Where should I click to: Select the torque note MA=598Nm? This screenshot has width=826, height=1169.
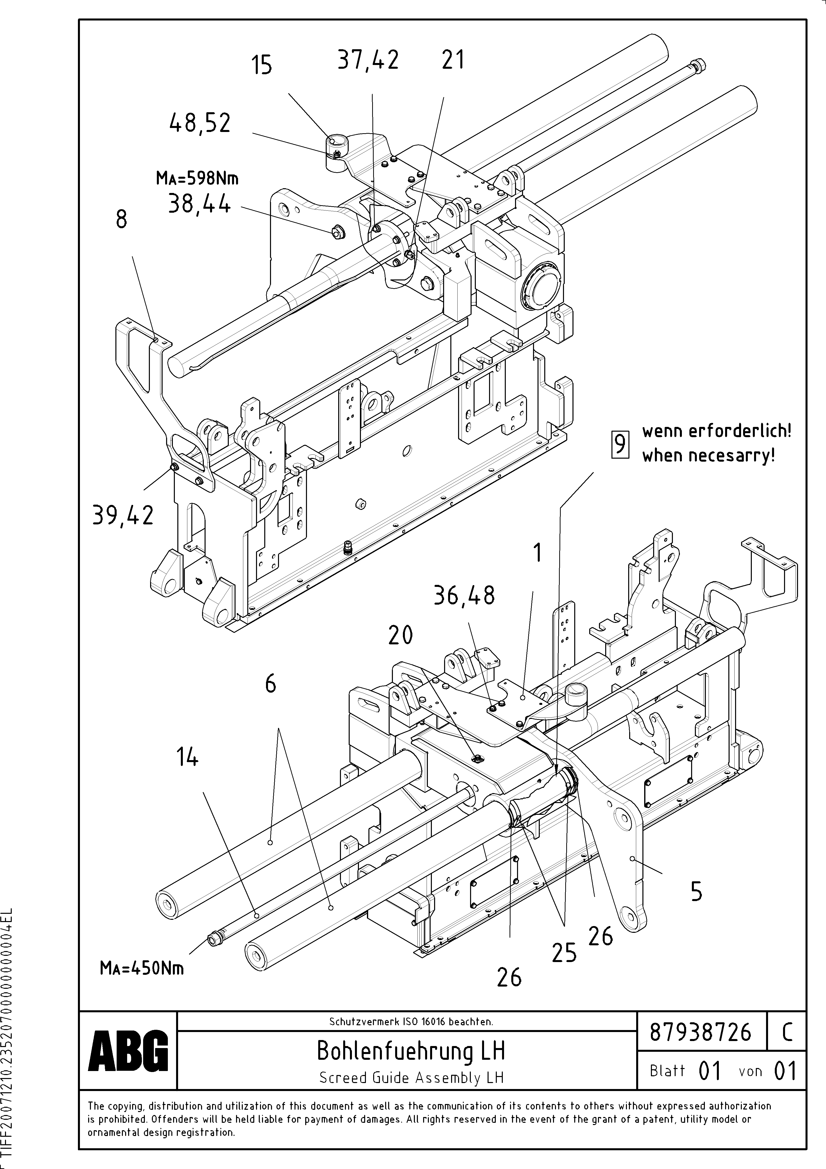[x=197, y=178]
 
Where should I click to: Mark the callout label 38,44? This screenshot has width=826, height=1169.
[x=199, y=205]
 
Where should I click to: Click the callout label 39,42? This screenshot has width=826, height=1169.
[x=123, y=516]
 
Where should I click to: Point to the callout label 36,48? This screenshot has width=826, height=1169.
[x=464, y=595]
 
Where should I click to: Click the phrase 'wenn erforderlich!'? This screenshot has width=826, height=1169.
[x=717, y=431]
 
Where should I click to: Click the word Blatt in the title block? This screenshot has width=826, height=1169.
[x=667, y=1071]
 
